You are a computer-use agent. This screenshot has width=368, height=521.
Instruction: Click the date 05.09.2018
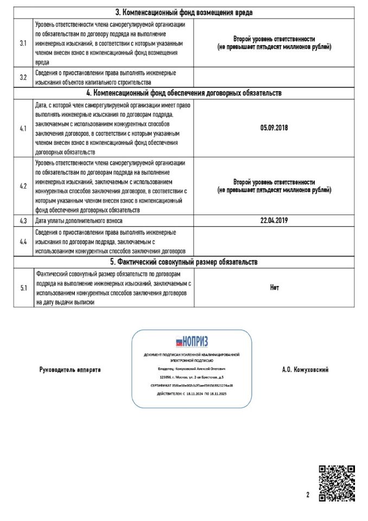click(x=274, y=129)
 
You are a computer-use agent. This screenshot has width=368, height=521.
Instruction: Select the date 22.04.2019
click(x=274, y=221)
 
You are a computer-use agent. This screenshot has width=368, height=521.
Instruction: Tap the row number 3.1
click(x=23, y=43)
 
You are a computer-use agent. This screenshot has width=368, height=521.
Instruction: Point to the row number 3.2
click(x=23, y=77)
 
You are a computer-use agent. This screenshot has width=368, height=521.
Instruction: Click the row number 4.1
click(x=23, y=129)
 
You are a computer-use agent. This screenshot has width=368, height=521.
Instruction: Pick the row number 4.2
click(x=23, y=186)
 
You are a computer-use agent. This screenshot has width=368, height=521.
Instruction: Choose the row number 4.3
click(x=23, y=221)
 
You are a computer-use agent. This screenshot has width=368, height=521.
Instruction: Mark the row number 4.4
click(x=23, y=240)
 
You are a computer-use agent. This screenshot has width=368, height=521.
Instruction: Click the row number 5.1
click(x=23, y=288)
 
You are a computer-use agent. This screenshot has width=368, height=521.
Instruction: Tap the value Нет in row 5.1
click(x=274, y=288)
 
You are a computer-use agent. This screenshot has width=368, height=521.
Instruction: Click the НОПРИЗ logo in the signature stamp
click(x=192, y=342)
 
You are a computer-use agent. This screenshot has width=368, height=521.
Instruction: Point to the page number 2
click(x=307, y=495)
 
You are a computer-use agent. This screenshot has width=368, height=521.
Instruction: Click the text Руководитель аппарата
click(x=70, y=370)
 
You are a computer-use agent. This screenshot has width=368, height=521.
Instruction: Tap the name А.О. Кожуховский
click(x=305, y=370)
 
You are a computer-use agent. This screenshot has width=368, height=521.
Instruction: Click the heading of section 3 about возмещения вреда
click(x=184, y=12)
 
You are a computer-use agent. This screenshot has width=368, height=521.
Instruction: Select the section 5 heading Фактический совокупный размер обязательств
click(x=184, y=262)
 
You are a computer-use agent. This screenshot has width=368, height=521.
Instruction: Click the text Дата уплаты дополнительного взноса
click(x=79, y=221)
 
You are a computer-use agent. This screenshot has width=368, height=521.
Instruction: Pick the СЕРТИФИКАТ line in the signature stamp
click(x=192, y=385)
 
